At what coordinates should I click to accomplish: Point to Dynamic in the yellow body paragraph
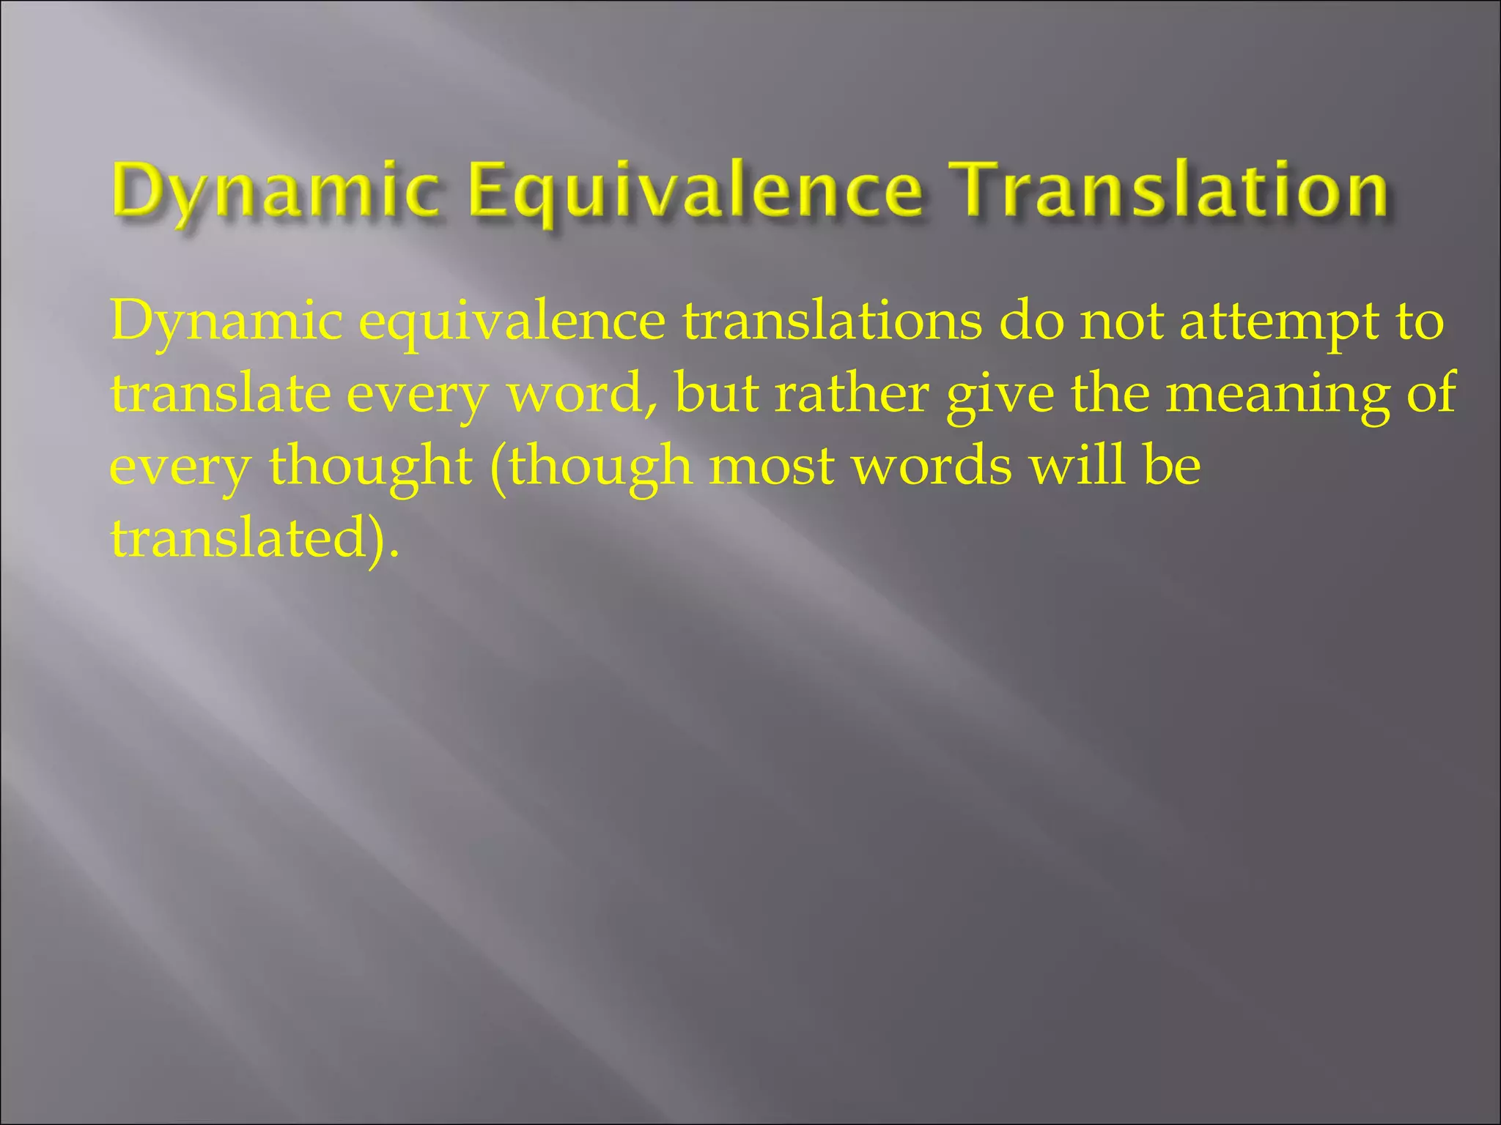point(226,322)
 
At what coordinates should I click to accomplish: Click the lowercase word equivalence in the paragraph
point(512,322)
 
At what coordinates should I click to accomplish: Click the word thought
point(371,467)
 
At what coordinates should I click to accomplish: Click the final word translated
point(237,538)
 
